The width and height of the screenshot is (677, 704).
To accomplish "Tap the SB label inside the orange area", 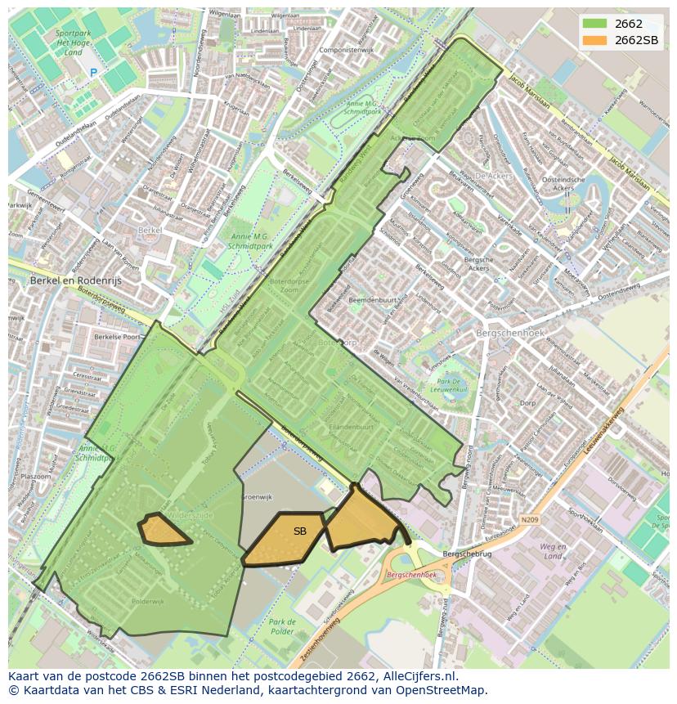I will pyautogui.click(x=300, y=531).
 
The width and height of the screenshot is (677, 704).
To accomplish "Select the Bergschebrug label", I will pyautogui.click(x=467, y=554).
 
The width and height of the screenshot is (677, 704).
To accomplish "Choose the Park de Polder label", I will pyautogui.click(x=282, y=627).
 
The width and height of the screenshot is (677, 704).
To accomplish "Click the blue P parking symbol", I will pyautogui.click(x=93, y=73).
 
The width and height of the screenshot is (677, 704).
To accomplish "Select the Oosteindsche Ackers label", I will pyautogui.click(x=562, y=184).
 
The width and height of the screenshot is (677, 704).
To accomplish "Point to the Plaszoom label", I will pyautogui.click(x=37, y=476).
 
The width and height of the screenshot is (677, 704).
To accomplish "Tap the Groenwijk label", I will pyautogui.click(x=256, y=496).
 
